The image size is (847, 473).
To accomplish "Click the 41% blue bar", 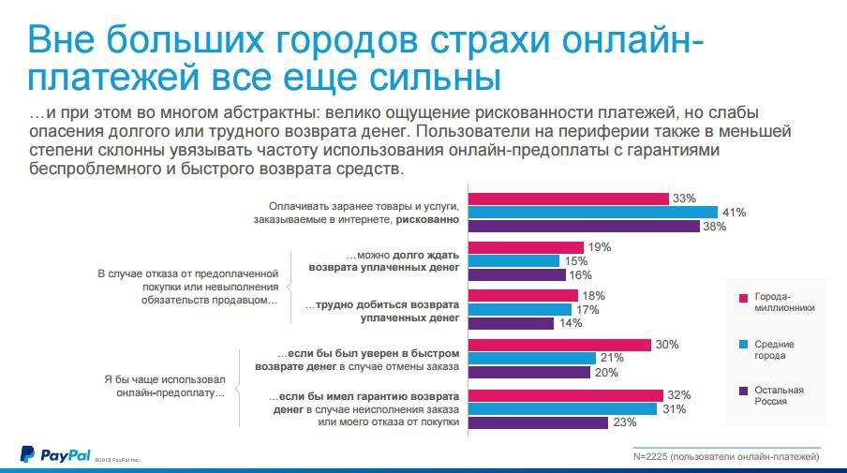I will click(592, 212).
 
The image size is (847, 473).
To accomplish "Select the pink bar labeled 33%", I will click(568, 198).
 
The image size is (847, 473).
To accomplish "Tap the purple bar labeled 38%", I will click(584, 226).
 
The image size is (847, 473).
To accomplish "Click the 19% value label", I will click(601, 247).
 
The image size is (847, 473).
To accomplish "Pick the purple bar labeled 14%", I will click(510, 323).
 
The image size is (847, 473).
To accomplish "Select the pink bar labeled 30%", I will click(559, 345).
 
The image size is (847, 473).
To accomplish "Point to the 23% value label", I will click(625, 422).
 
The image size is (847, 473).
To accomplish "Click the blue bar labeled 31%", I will click(562, 408).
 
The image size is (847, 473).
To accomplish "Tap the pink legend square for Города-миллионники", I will click(743, 298).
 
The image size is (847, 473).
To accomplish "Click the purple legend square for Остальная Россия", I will click(743, 391).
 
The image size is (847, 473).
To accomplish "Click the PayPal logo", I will click(55, 455).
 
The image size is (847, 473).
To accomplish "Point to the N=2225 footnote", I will click(727, 456).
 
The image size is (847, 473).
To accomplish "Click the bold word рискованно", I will click(427, 219).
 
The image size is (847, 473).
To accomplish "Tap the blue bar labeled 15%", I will click(513, 260).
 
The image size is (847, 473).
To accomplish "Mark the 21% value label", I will click(613, 359).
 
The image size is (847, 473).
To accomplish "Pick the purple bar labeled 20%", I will click(528, 372).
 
